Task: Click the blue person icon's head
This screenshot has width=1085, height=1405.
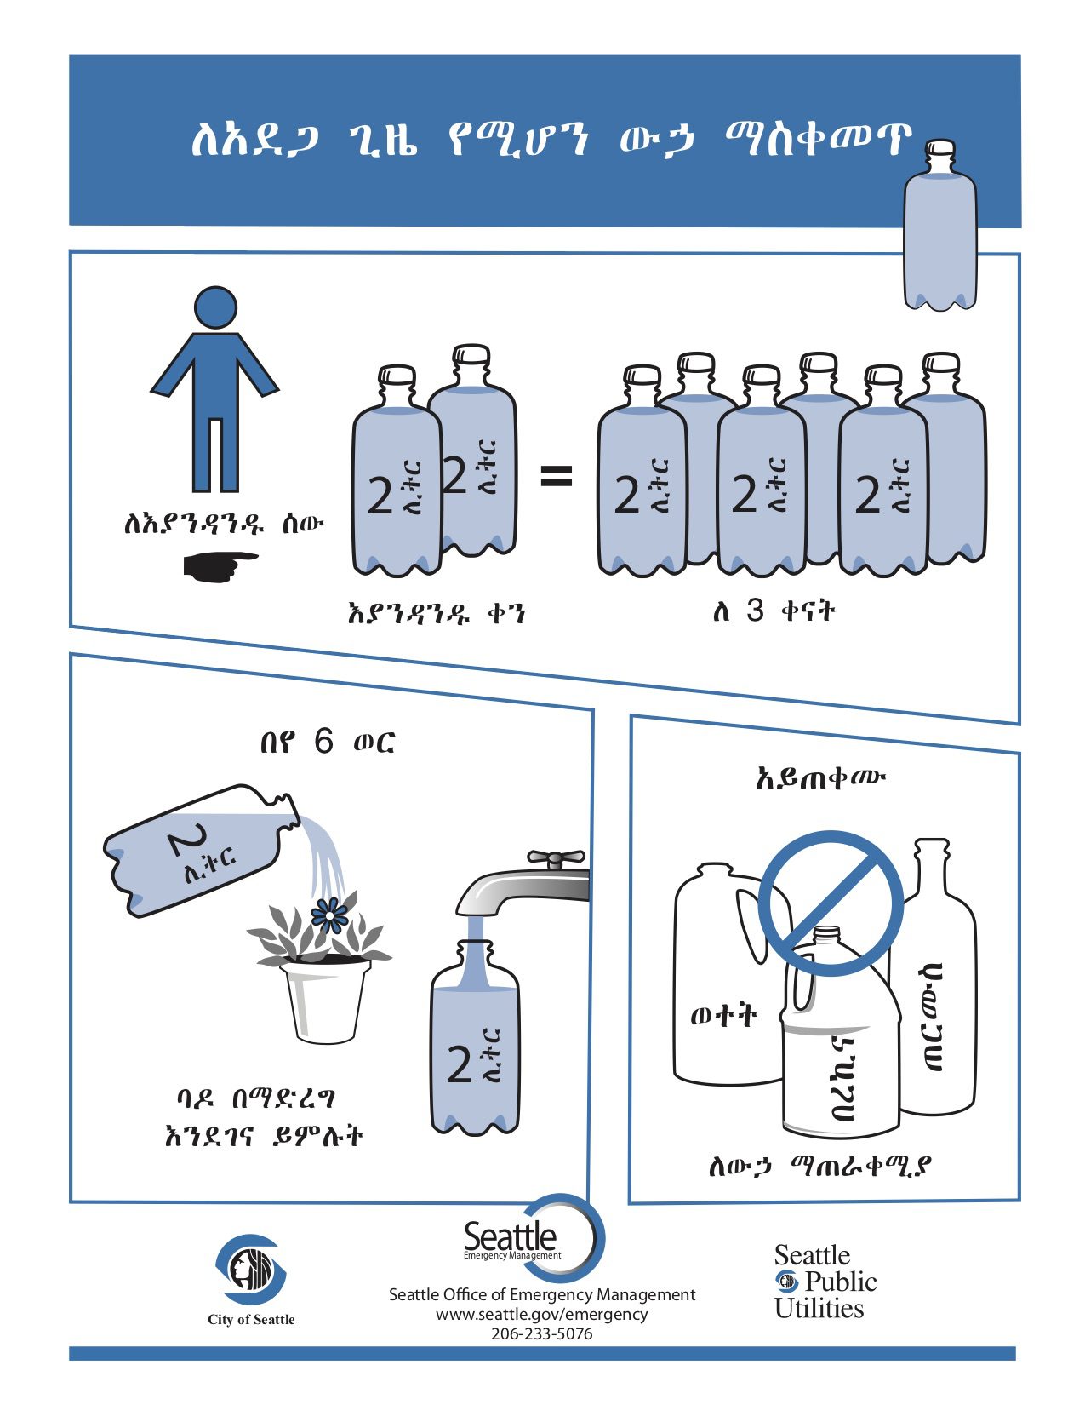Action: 215,307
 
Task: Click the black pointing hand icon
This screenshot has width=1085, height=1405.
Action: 219,566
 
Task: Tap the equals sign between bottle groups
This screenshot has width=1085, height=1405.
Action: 557,477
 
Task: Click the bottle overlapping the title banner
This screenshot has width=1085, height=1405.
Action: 939,230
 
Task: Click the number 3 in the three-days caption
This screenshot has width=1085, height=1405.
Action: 755,611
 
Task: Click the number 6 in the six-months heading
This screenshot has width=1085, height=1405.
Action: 323,742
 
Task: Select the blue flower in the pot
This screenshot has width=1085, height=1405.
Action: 328,915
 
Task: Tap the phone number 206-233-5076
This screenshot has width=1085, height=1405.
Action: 541,1333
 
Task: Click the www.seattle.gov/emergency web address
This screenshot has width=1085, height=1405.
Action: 541,1314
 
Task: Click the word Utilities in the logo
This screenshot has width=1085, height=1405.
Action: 819,1309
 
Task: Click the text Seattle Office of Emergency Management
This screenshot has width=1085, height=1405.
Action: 541,1294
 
